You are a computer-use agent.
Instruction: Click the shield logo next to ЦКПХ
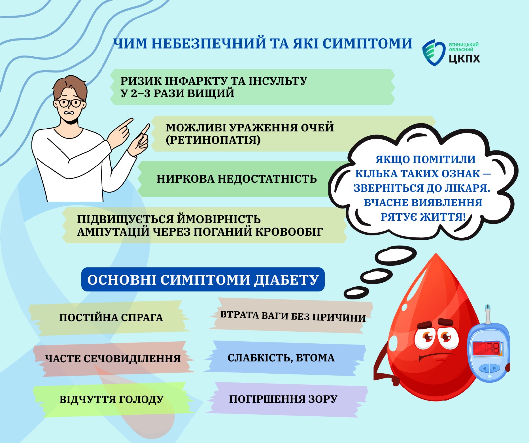(433, 53)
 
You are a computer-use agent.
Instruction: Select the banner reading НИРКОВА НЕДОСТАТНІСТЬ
(237, 179)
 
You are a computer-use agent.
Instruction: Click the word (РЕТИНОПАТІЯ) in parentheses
(213, 140)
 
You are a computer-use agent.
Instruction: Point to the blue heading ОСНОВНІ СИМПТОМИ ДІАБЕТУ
(203, 279)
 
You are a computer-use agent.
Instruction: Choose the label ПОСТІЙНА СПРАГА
(111, 317)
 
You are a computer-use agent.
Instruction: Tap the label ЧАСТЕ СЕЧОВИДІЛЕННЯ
(113, 358)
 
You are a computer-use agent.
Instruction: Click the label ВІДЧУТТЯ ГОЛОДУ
(111, 399)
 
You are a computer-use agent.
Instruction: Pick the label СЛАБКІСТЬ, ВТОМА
(281, 358)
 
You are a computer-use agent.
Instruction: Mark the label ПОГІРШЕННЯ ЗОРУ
(283, 399)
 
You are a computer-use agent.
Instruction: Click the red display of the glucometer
(487, 348)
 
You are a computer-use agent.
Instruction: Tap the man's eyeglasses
(69, 103)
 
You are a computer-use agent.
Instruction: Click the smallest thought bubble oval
(356, 292)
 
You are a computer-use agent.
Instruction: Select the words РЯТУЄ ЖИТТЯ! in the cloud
(423, 217)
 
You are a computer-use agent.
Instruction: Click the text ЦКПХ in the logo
(465, 58)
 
